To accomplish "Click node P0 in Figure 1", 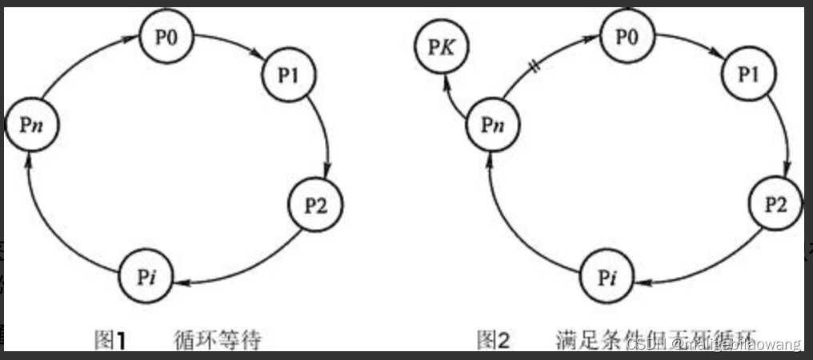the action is pyautogui.click(x=166, y=38).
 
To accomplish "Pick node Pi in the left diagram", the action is pyautogui.click(x=146, y=277).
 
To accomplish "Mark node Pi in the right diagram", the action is pyautogui.click(x=606, y=277).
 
